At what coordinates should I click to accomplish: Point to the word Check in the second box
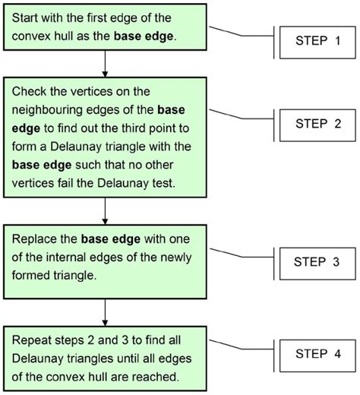pyautogui.click(x=31, y=90)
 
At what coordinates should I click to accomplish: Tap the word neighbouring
pyautogui.click(x=49, y=108)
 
